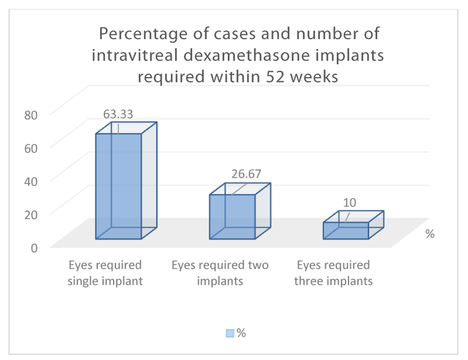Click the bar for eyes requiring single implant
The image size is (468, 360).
(119, 186)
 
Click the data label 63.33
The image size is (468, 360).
(118, 114)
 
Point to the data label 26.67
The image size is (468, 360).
(246, 174)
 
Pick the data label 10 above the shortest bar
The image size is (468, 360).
(349, 203)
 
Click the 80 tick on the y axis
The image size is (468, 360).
(31, 115)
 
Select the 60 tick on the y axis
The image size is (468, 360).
(31, 148)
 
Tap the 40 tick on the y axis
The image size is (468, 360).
(31, 181)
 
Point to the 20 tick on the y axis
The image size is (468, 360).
(31, 214)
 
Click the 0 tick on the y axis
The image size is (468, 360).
(34, 248)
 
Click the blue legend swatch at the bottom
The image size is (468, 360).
(230, 333)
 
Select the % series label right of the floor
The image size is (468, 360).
(430, 234)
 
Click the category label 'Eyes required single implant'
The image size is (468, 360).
(105, 273)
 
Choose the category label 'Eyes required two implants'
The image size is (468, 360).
(220, 273)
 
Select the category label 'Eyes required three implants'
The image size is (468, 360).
(333, 273)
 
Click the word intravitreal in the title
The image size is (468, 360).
(135, 55)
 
